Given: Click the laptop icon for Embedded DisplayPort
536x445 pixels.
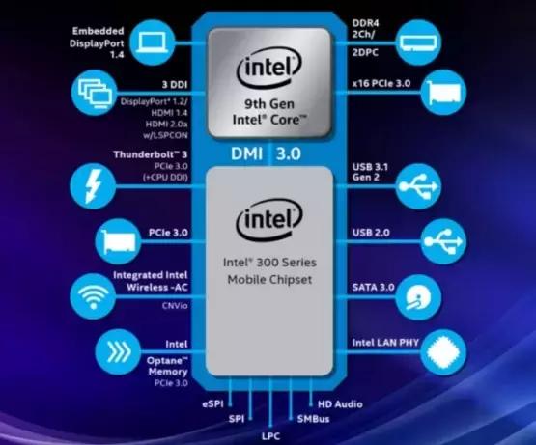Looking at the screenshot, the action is pos(153,42).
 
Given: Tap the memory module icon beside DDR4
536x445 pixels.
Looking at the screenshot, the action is pos(418,42).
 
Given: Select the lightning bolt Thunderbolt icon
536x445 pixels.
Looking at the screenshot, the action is pos(93,186).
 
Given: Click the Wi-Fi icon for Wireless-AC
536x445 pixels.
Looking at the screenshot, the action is pos(93,296).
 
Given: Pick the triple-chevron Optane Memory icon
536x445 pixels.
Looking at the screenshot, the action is pos(118,351).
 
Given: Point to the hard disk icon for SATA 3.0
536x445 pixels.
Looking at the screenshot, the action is pos(418,297).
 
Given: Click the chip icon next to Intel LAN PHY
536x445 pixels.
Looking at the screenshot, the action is pos(443,352).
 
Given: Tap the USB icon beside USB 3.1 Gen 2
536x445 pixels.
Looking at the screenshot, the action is pos(418,186).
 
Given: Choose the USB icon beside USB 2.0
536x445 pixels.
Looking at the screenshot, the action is pos(443,241).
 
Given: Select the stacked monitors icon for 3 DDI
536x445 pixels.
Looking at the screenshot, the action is pos(95,93).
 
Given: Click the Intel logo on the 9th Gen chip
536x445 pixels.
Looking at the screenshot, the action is pos(269,68).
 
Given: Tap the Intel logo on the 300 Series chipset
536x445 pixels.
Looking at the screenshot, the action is pos(269,219).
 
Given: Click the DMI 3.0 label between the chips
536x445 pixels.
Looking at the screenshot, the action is pos(266,153).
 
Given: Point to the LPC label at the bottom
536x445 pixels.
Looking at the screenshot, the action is pos(270,436).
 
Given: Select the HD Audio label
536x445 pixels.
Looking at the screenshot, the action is pos(340,404).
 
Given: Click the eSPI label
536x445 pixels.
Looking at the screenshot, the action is pos(213,404).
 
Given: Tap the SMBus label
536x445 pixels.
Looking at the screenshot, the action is pos(313,419).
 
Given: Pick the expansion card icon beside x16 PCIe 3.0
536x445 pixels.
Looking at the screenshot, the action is pos(443,93).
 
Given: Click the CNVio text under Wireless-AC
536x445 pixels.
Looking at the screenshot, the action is pos(175,305).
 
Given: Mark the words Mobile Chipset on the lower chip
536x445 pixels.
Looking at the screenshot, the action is pos(269,280).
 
